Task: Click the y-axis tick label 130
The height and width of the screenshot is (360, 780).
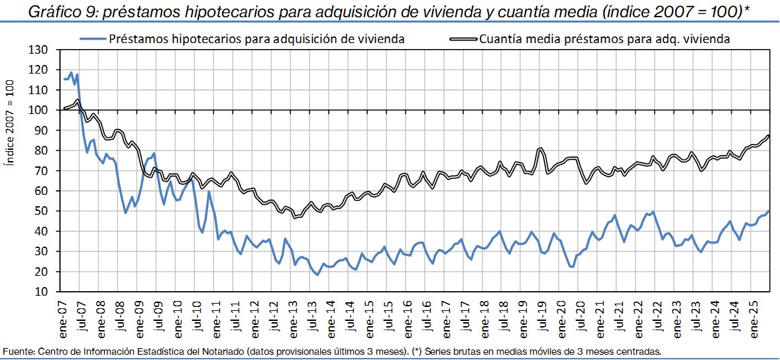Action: pyautogui.click(x=40, y=50)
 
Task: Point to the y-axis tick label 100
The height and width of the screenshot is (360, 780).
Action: pyautogui.click(x=40, y=110)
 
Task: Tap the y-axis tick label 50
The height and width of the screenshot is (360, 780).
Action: pyautogui.click(x=42, y=211)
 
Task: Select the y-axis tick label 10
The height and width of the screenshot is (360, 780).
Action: pyautogui.click(x=42, y=292)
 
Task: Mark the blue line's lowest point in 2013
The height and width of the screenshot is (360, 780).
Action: pyautogui.click(x=317, y=274)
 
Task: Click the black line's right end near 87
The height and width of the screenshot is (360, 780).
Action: pyautogui.click(x=769, y=135)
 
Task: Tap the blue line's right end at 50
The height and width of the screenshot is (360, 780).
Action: pyautogui.click(x=769, y=211)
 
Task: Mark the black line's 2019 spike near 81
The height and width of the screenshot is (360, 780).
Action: pyautogui.click(x=541, y=148)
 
